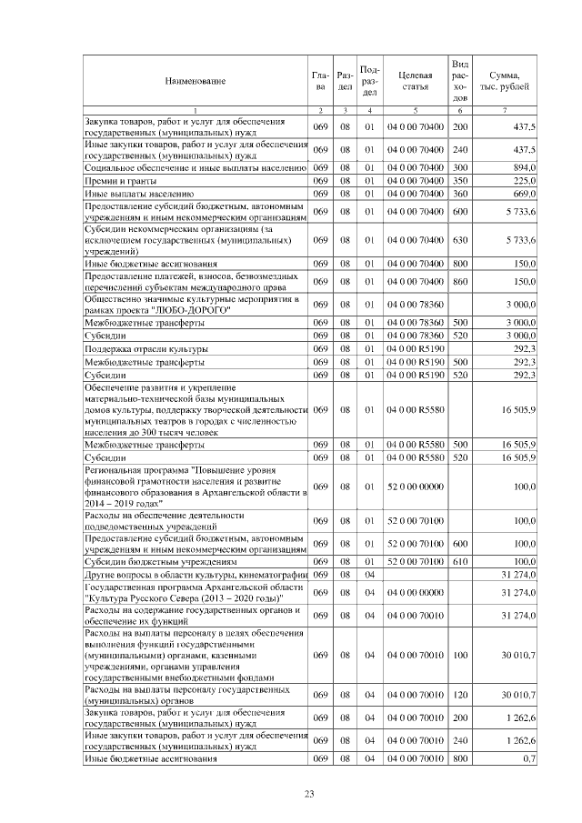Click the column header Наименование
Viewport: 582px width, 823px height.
click(x=195, y=81)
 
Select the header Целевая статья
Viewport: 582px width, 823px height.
click(x=415, y=80)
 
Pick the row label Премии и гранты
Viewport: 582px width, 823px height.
click(x=118, y=181)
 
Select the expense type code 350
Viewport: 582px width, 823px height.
click(x=460, y=181)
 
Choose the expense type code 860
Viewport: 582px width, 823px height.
click(x=460, y=283)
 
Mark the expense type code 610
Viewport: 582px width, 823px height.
click(x=460, y=562)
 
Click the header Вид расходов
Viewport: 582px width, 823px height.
click(x=460, y=80)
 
